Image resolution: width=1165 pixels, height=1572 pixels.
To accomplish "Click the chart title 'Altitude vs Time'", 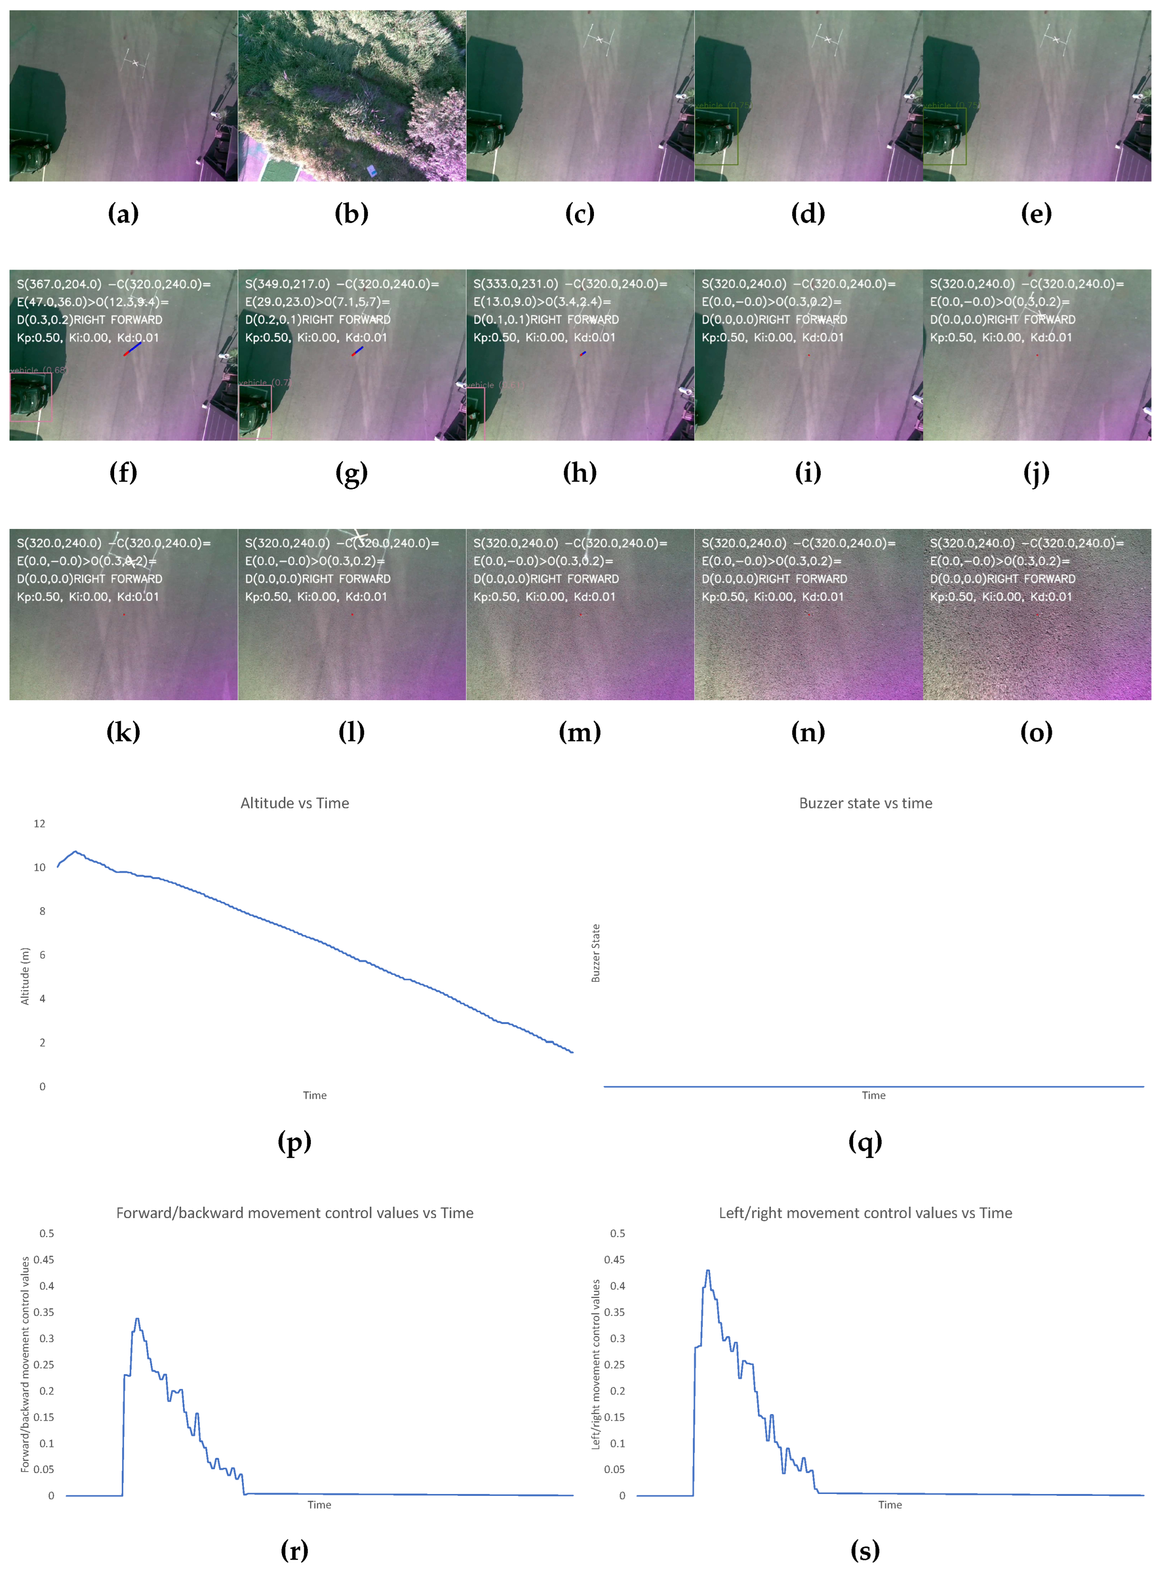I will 295,803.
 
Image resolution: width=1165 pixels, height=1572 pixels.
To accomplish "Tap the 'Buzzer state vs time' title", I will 865,803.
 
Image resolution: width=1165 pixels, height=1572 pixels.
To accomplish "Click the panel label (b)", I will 351,213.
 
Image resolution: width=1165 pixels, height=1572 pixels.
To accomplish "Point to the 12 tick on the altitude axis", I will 39,824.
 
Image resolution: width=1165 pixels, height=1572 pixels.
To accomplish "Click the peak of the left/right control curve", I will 708,1271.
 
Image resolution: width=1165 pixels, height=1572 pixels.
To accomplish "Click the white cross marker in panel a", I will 136,63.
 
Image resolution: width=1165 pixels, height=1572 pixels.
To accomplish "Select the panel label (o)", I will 1036,732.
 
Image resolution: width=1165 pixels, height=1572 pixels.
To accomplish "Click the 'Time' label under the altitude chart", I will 314,1095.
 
